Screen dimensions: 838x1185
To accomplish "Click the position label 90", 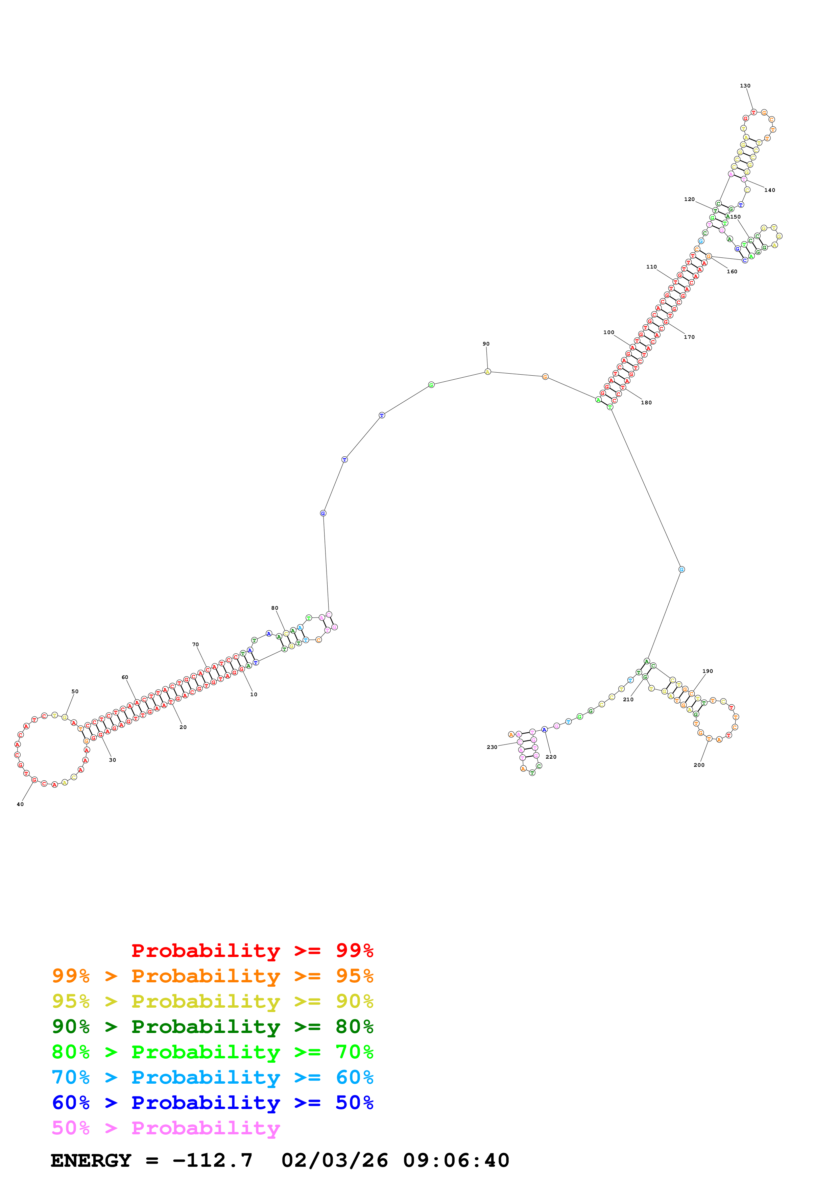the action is click(486, 344).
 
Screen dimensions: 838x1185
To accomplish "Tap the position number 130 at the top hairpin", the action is click(745, 86).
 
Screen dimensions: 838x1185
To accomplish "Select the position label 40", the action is click(20, 804).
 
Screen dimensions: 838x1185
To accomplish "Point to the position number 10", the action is click(254, 694).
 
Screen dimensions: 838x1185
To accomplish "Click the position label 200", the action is click(699, 765).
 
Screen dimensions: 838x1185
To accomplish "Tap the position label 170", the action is click(689, 337).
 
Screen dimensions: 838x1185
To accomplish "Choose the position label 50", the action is click(75, 691).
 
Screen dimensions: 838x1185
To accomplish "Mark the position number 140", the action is click(770, 190).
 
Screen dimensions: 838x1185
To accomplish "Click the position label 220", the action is click(551, 757).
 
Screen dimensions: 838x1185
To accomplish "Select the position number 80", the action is click(275, 608).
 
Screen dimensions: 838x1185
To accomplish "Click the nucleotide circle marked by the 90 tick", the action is click(487, 372).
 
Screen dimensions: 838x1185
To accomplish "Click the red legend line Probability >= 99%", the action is click(252, 950).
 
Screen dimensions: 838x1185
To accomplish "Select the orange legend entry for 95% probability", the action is click(213, 976).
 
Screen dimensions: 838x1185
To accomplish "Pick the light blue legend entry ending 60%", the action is click(213, 1077).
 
